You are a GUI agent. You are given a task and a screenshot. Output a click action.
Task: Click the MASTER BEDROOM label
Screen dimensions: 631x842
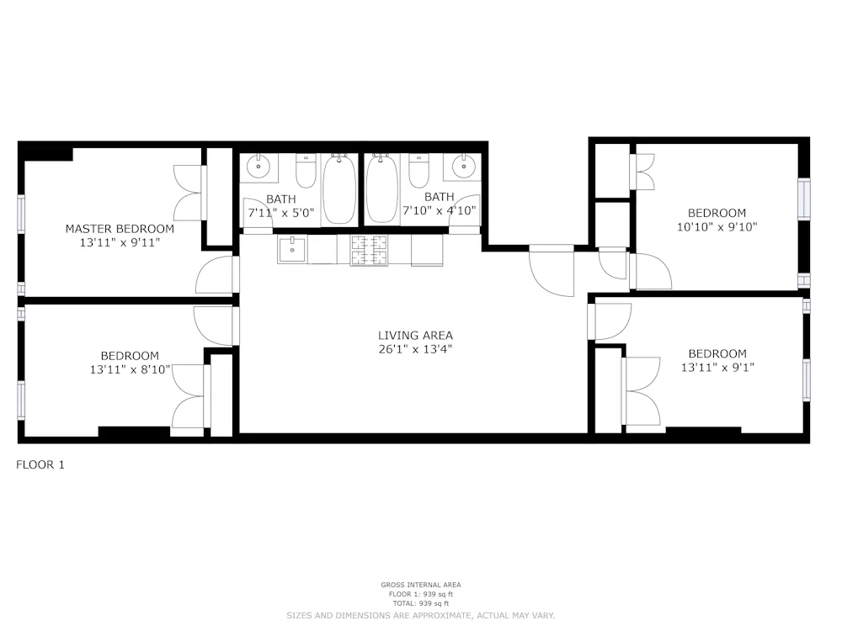[x=120, y=229]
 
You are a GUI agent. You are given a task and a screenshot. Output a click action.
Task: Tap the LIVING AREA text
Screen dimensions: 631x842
[x=415, y=336]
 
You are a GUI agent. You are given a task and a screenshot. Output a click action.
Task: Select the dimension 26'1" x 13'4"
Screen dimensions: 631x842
[x=415, y=349]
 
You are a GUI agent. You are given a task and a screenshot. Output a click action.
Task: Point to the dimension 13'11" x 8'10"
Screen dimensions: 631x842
[x=130, y=369]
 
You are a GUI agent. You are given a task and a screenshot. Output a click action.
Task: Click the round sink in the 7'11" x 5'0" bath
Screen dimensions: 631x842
[x=258, y=167]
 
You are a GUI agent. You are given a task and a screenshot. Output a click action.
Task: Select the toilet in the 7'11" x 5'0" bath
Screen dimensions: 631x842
[x=305, y=172]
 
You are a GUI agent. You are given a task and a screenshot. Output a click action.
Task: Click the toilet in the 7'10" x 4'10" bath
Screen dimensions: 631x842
[x=418, y=172]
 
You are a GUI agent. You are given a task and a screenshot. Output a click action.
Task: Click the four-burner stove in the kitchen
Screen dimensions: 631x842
[x=369, y=250]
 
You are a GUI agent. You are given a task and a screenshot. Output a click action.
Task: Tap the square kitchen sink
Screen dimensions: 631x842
[x=292, y=250]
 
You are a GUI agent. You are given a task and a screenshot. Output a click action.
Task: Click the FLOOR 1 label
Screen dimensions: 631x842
[x=40, y=464]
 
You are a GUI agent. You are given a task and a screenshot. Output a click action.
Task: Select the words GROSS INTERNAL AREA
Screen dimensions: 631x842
[x=420, y=585]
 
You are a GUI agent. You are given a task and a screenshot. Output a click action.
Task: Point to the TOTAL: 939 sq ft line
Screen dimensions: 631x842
[x=420, y=603]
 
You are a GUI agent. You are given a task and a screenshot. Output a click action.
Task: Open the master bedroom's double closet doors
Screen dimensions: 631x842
[x=189, y=192]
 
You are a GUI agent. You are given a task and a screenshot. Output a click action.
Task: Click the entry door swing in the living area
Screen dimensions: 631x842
[x=552, y=273]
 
